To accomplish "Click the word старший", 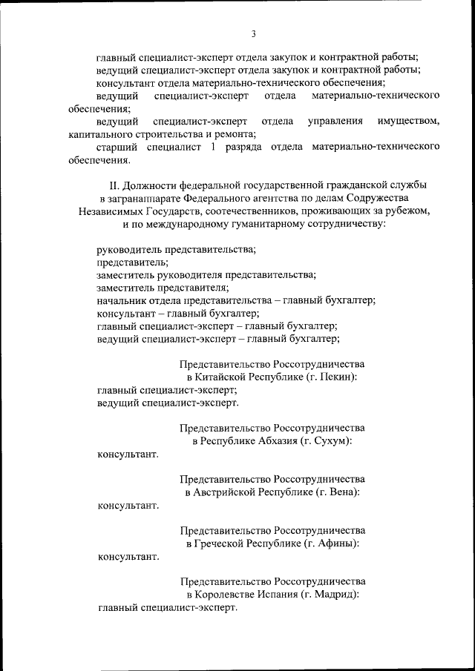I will click(117, 147).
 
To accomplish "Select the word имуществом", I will click(408, 121).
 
